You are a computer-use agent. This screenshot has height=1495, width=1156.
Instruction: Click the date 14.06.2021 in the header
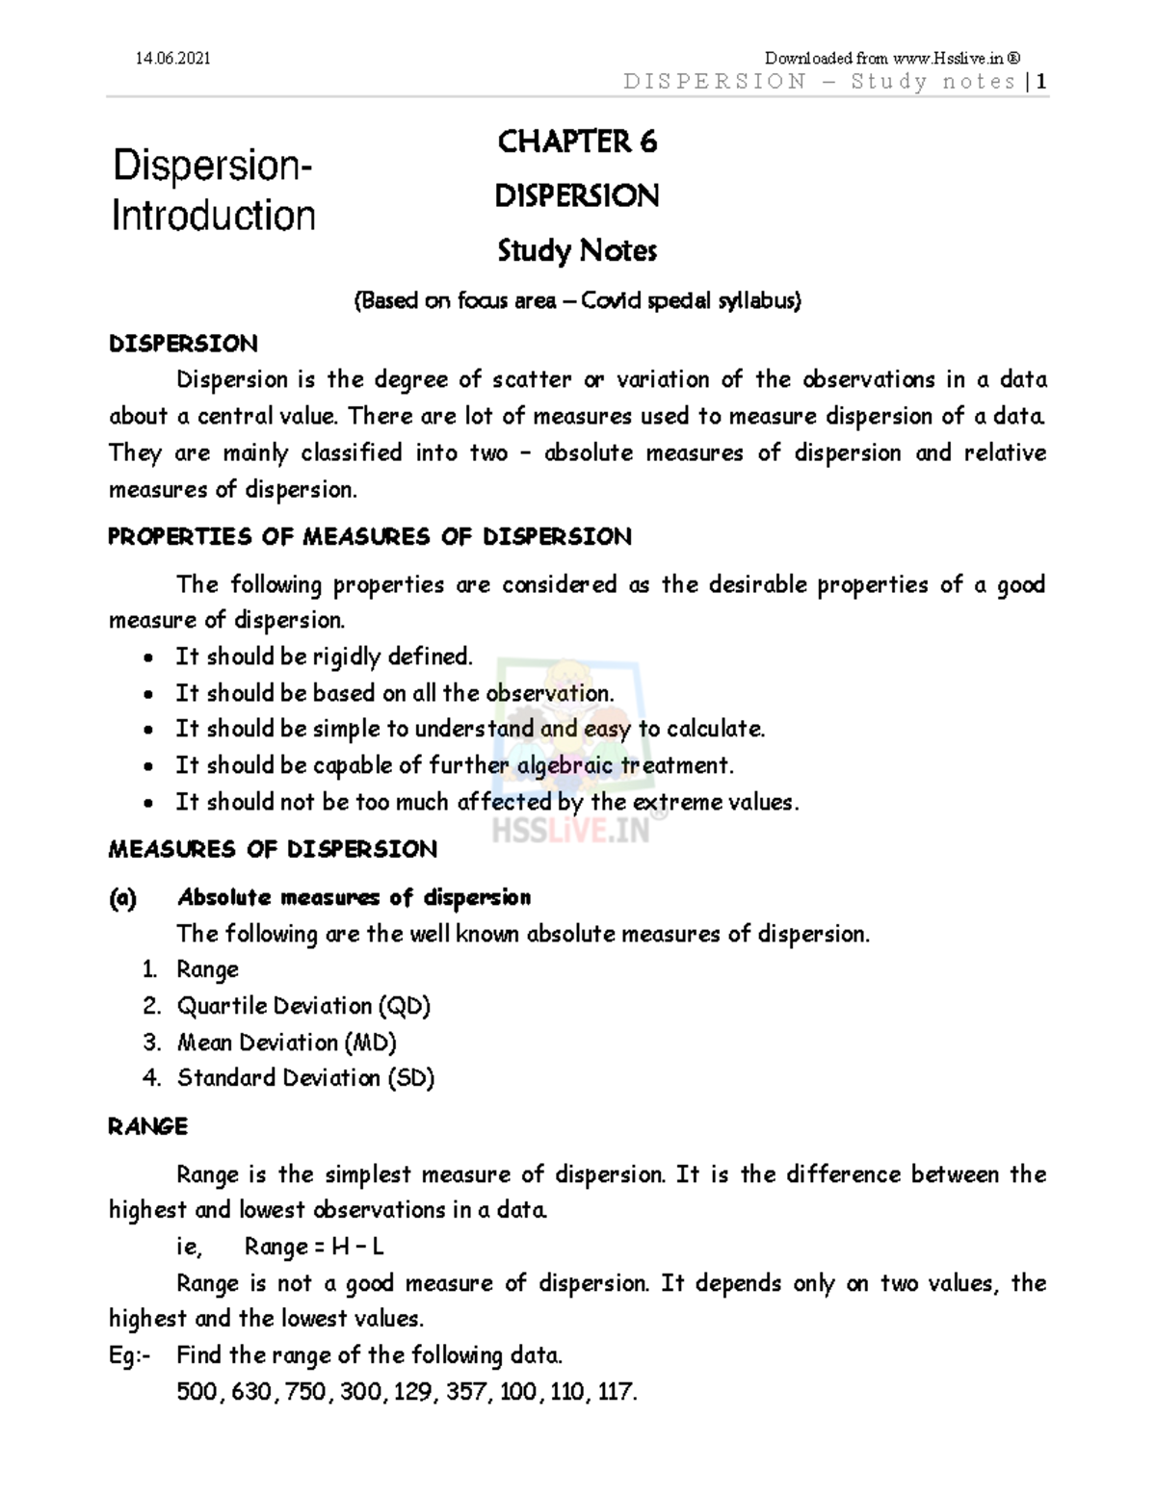click(172, 59)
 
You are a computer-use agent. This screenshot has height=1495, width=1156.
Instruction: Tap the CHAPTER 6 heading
click(577, 142)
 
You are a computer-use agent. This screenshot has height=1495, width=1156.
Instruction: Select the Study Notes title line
click(577, 251)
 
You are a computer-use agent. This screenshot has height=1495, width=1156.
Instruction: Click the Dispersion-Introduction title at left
click(213, 191)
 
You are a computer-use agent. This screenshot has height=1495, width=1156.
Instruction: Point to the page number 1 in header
click(1041, 82)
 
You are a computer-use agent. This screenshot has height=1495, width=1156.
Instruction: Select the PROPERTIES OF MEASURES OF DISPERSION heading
click(370, 537)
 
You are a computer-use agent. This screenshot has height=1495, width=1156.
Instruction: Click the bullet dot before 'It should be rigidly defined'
click(146, 658)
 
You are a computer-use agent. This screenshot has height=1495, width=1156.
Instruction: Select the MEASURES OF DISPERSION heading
click(273, 850)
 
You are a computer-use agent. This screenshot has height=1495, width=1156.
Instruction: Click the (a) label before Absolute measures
click(122, 898)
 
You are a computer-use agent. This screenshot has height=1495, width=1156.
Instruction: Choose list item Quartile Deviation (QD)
click(302, 1006)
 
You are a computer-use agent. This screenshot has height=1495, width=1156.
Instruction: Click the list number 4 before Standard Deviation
click(151, 1078)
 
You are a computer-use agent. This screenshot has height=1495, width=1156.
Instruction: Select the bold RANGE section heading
click(147, 1126)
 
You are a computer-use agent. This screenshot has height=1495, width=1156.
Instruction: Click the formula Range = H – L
click(314, 1248)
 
